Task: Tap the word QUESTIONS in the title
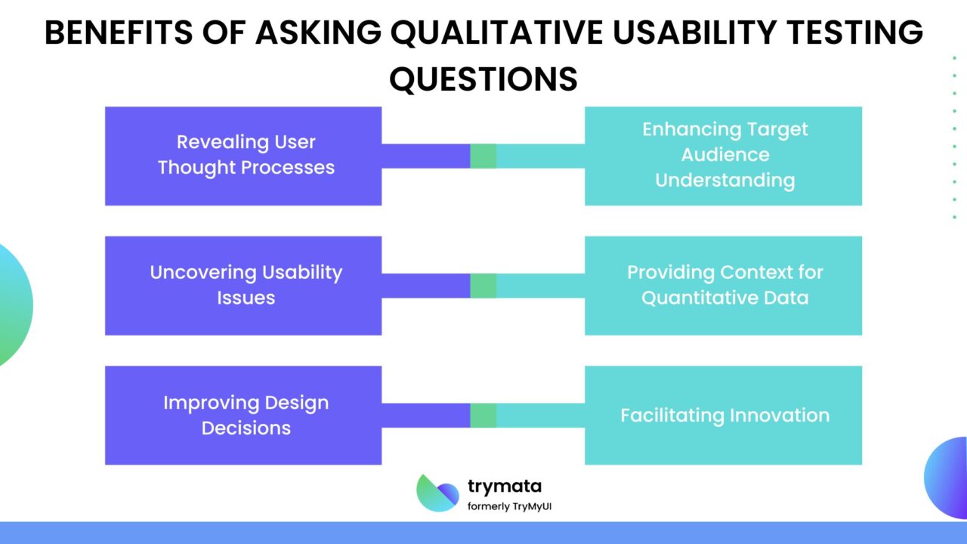point(483,79)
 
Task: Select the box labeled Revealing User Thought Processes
point(243,156)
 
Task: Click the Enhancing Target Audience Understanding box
point(723,156)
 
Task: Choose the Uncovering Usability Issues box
point(243,286)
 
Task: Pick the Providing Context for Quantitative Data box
point(723,286)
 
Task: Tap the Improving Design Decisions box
point(243,416)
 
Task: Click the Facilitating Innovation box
point(723,416)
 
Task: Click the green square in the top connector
point(483,156)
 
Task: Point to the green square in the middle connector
point(483,286)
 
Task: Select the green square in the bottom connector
point(483,416)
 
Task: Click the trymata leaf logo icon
point(437,493)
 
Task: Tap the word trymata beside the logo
point(504,487)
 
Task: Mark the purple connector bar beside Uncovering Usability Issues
point(425,286)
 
